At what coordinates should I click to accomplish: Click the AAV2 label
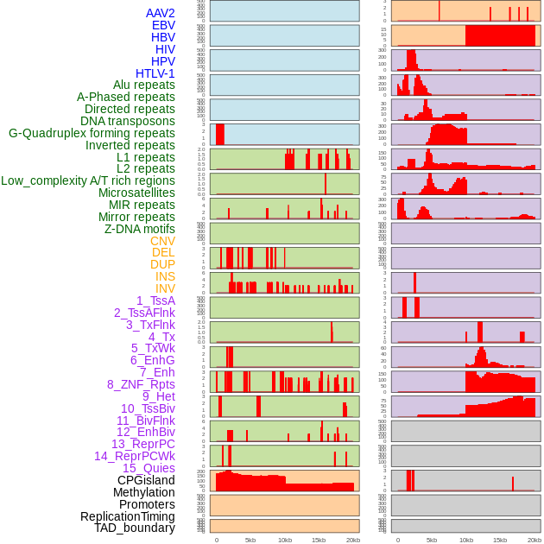[160, 13]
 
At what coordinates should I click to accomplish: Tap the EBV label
[162, 25]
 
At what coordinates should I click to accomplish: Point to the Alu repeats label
[143, 85]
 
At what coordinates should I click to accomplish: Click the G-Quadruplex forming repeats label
[92, 133]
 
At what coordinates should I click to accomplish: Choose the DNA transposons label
[127, 121]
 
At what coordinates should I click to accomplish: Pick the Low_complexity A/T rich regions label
[87, 180]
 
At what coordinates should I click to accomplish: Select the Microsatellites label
[136, 193]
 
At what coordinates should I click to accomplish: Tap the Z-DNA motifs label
[139, 229]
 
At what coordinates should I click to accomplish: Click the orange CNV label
[162, 241]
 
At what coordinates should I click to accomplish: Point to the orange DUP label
[162, 264]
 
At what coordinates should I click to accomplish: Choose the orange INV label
[165, 288]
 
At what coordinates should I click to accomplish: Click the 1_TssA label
[155, 300]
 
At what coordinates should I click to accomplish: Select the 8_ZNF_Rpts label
[141, 384]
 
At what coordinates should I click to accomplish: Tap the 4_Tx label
[161, 337]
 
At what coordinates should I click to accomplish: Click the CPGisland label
[146, 480]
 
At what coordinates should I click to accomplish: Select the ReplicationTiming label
[127, 516]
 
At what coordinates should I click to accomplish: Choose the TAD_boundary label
[134, 528]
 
